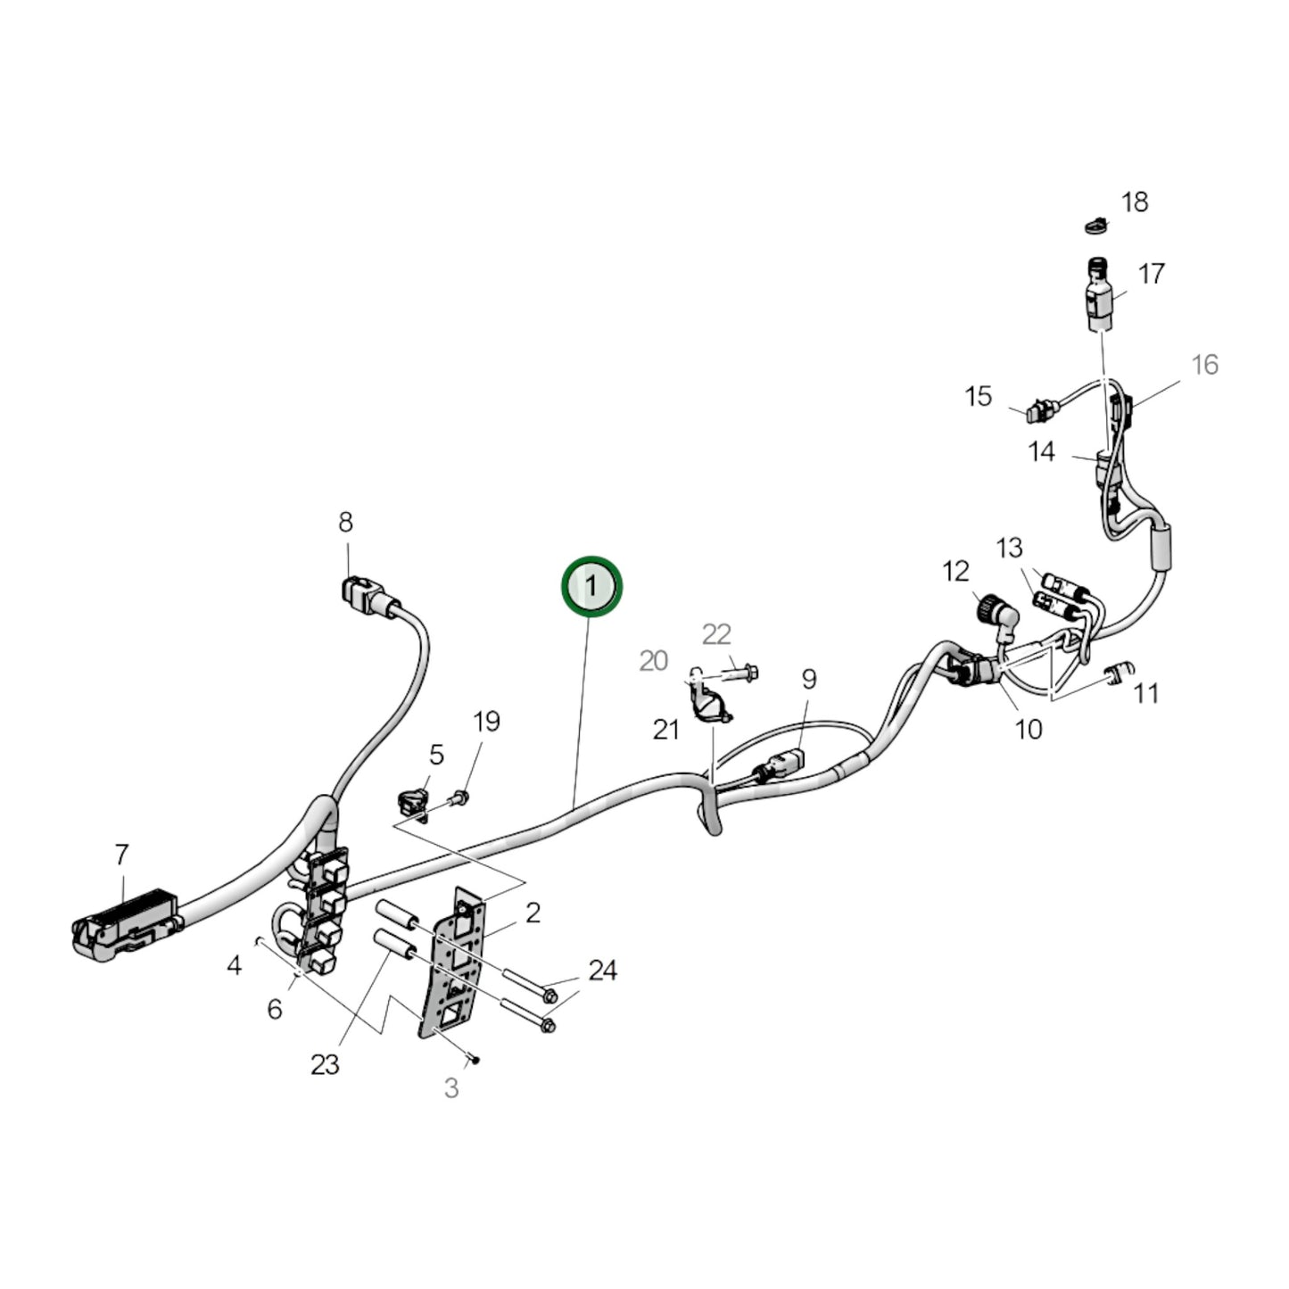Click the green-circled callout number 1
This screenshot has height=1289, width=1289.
pos(590,587)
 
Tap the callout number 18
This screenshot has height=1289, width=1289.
pos(1134,202)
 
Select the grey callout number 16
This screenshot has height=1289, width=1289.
pos(1204,364)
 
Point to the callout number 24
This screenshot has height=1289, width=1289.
pos(602,971)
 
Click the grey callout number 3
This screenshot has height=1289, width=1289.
pos(451,1088)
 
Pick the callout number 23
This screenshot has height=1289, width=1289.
pos(325,1064)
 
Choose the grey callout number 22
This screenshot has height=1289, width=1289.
pos(716,634)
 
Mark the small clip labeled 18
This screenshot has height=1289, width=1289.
pos(1095,225)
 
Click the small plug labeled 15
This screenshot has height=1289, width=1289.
pos(1038,412)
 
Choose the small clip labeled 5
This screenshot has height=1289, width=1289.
pos(410,799)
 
